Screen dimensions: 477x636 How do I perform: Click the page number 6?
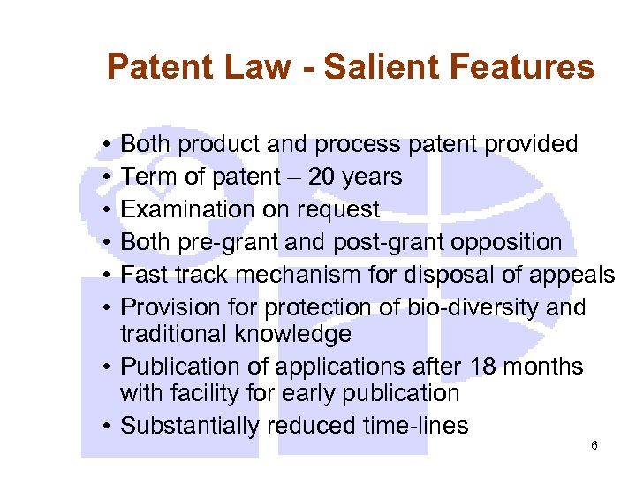tap(594, 445)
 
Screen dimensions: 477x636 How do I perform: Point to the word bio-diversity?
tap(470, 307)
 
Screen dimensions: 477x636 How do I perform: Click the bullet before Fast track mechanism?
tap(105, 276)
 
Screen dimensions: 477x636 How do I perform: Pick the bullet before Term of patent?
tap(105, 178)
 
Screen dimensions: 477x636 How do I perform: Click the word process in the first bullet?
tap(353, 144)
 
